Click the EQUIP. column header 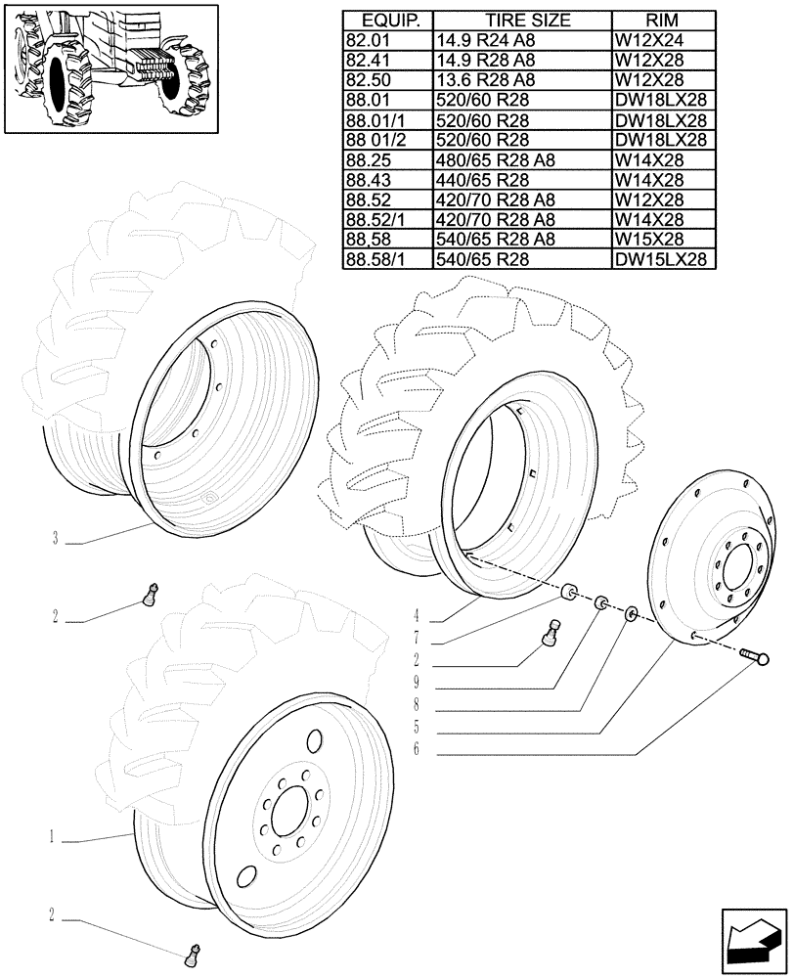tap(387, 20)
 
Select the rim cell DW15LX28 tap(661, 259)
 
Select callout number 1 tap(50, 837)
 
